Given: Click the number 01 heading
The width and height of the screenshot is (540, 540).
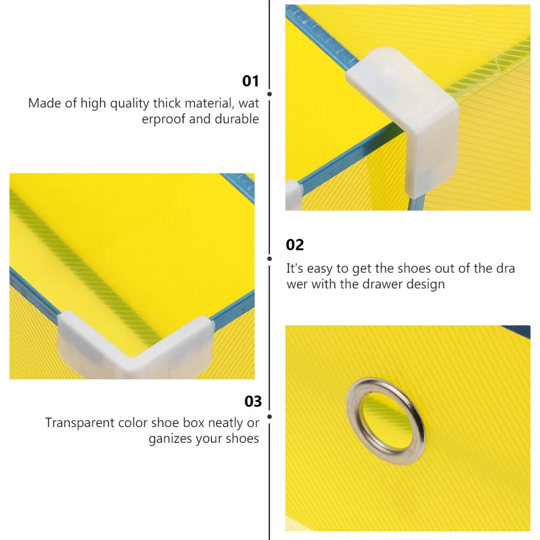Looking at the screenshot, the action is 251,81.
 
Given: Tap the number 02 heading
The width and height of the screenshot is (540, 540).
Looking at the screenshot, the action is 295,245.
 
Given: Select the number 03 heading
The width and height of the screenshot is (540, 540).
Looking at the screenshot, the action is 253,402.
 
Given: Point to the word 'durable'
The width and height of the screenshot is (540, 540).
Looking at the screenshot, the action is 237,119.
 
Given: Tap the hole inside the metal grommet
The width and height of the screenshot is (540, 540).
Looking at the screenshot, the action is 386,421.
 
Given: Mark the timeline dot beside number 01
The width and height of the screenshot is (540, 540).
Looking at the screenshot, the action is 269,94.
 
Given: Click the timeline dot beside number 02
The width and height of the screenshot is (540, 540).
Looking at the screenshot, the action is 269,259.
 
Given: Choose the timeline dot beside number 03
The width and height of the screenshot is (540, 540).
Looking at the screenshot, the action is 269,417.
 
